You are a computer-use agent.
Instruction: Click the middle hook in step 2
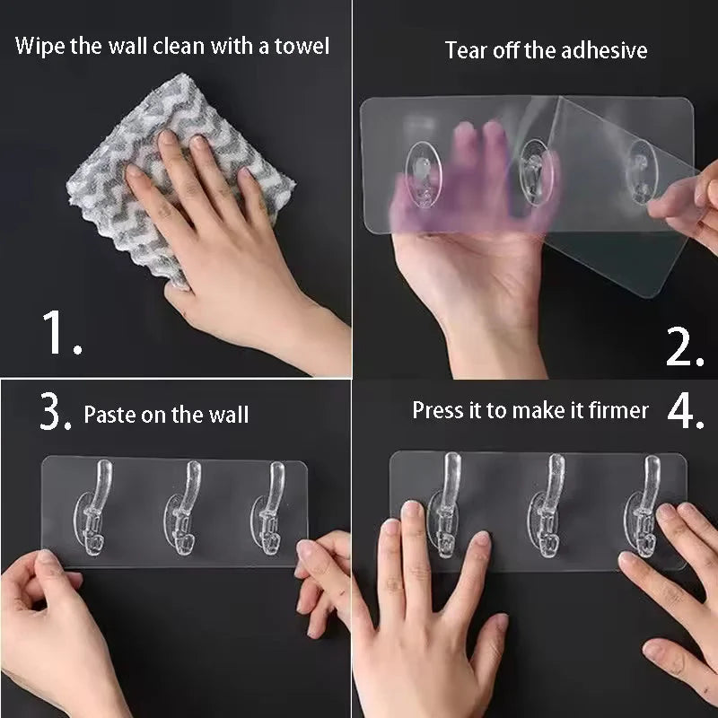pyautogui.click(x=535, y=171)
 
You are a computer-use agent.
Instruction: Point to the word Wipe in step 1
pyautogui.click(x=39, y=46)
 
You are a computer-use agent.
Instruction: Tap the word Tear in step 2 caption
pyautogui.click(x=464, y=50)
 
